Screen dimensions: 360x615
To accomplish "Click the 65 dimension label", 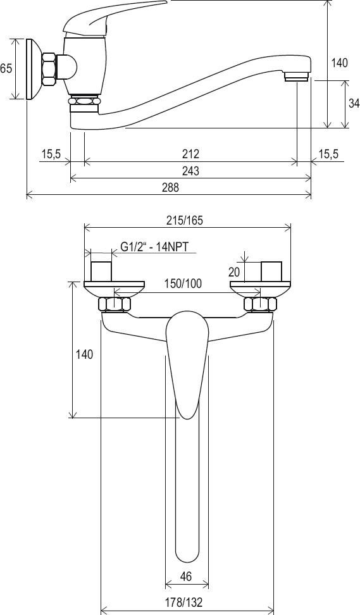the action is pos(6,68).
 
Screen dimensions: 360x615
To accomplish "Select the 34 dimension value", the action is pos(354,103).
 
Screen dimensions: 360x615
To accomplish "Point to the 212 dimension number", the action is pos(190,154).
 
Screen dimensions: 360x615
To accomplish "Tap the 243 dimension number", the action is pos(190,171).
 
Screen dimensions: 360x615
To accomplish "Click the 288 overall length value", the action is pos(170,187).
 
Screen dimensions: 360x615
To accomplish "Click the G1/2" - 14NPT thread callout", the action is pos(154,247).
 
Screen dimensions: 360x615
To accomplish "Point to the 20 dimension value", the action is pos(233,272).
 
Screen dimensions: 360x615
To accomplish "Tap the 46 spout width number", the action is pos(186,576).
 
